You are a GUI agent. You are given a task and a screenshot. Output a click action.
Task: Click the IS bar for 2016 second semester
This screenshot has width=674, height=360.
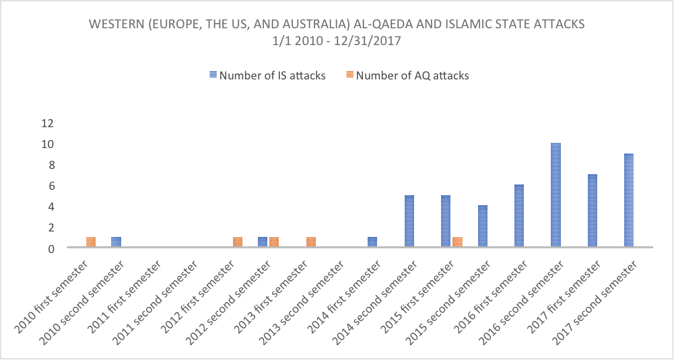[x=555, y=195]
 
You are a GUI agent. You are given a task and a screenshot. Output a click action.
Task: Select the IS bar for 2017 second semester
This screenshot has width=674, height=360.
[x=629, y=201]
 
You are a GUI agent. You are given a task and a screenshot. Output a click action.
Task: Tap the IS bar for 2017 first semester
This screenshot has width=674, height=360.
[x=593, y=211]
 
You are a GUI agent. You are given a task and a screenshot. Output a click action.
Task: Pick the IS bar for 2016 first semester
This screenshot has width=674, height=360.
[x=519, y=216]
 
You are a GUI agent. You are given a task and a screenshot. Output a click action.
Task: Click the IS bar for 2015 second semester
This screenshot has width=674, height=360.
[x=482, y=227]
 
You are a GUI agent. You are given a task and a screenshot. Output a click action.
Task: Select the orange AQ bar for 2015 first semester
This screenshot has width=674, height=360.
[x=457, y=242]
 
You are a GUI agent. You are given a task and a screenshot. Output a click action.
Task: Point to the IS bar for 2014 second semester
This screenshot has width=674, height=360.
[x=409, y=221]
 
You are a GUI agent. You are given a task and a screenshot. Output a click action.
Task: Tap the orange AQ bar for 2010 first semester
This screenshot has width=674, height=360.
[x=91, y=242]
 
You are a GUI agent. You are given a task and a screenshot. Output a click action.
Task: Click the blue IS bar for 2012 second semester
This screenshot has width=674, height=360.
[x=263, y=242]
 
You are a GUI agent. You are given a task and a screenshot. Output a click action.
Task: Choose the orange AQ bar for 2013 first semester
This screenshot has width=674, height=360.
[x=311, y=242]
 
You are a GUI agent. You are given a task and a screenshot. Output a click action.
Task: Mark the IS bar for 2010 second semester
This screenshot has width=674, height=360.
[x=116, y=242]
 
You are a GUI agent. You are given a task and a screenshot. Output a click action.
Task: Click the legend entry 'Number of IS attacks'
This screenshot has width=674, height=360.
[x=268, y=75]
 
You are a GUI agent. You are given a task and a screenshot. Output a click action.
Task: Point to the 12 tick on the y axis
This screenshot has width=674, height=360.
[x=46, y=123]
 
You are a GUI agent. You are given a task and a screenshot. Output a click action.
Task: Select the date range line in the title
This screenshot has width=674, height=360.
[x=337, y=40]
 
